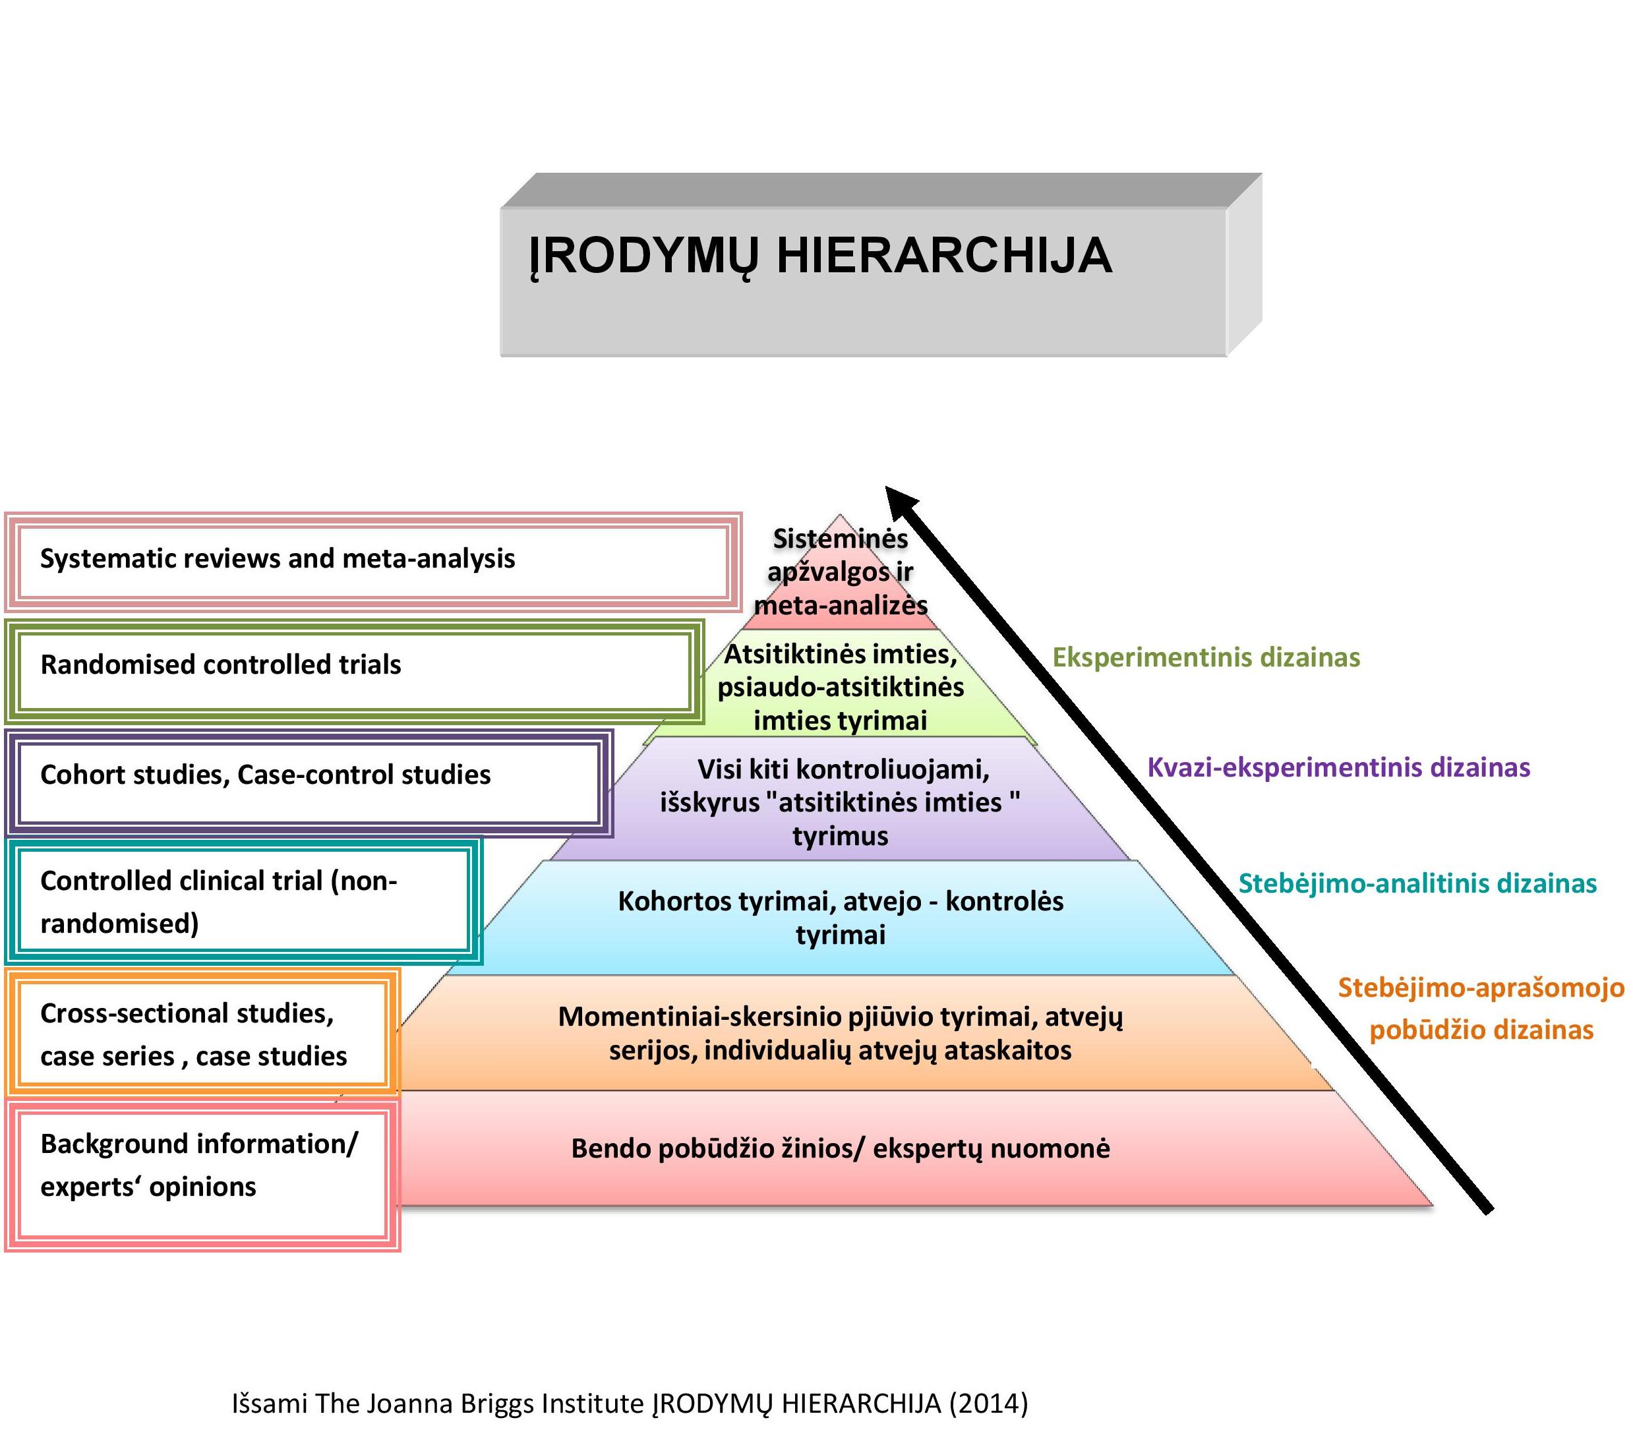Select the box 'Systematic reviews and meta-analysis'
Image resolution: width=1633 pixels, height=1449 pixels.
tap(372, 561)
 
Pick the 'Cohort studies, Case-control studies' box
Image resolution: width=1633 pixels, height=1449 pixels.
tap(308, 781)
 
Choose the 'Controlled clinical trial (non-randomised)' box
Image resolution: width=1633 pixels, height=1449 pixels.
tap(243, 901)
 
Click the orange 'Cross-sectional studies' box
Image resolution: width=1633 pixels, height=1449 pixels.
tap(201, 1034)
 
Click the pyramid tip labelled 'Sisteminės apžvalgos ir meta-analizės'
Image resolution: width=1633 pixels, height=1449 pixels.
tap(840, 572)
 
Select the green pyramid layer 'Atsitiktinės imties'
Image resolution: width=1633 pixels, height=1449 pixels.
tap(840, 687)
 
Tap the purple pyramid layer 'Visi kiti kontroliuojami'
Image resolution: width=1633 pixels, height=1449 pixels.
tap(840, 802)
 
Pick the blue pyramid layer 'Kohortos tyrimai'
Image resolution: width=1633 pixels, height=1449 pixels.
tap(840, 917)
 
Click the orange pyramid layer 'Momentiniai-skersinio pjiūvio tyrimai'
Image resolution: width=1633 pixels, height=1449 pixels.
tap(840, 1033)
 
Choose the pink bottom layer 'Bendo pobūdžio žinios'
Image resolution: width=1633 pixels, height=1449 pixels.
tap(840, 1148)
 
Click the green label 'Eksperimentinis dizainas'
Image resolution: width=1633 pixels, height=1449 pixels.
tap(1206, 657)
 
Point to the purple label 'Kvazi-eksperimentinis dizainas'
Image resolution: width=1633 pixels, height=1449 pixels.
tap(1338, 767)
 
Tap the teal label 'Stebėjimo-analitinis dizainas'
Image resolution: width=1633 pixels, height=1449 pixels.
tap(1417, 883)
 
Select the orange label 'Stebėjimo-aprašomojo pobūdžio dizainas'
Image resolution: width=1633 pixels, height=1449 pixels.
tap(1481, 1008)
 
